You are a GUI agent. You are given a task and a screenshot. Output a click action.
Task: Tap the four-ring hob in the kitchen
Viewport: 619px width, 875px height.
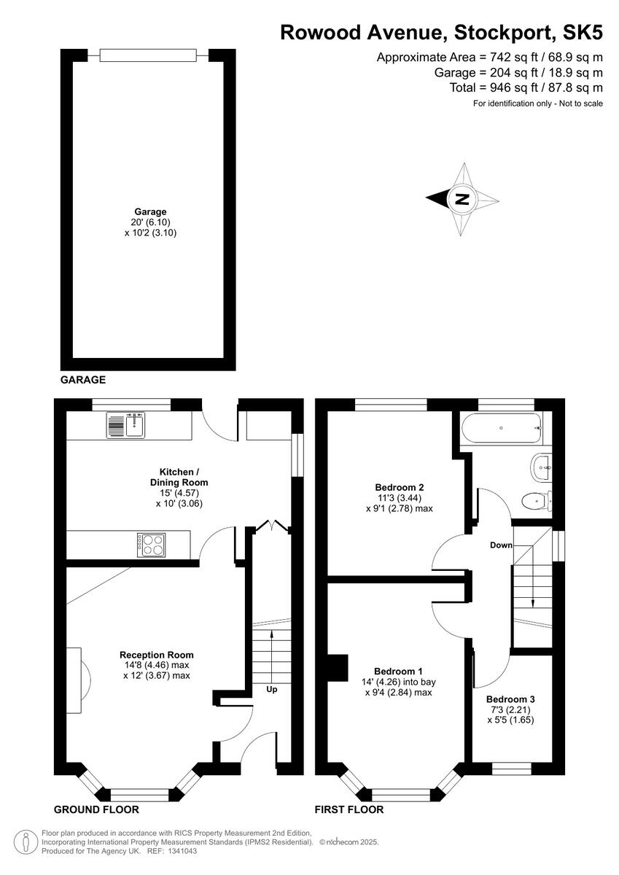[150, 543]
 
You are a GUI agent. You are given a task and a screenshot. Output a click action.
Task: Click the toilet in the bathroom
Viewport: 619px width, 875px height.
[535, 500]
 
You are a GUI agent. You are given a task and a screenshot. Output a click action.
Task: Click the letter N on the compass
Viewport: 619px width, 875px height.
[460, 198]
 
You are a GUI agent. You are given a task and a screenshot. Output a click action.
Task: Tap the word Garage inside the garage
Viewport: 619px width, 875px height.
[150, 212]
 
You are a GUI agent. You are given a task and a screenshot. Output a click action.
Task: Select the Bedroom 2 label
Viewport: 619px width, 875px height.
[400, 488]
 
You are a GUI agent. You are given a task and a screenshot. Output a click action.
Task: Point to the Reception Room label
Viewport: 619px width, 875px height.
[157, 655]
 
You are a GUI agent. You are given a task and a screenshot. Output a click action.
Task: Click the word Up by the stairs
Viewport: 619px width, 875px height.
[271, 689]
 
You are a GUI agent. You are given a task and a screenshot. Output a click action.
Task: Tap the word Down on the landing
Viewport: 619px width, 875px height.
[501, 545]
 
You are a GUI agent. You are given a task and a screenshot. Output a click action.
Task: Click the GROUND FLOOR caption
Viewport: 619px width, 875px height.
[96, 809]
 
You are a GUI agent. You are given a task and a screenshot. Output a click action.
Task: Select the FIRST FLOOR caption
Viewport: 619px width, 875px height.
[349, 809]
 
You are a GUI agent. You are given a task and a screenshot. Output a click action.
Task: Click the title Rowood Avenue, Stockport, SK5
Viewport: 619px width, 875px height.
[442, 32]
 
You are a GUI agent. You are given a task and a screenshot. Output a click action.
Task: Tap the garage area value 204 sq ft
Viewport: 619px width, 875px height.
[493, 72]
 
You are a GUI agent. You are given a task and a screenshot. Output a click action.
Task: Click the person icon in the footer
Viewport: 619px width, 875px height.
[27, 841]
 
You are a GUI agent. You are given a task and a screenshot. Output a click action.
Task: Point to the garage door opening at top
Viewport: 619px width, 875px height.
[148, 55]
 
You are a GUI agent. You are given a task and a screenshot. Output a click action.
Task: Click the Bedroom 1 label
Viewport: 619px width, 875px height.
[398, 671]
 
